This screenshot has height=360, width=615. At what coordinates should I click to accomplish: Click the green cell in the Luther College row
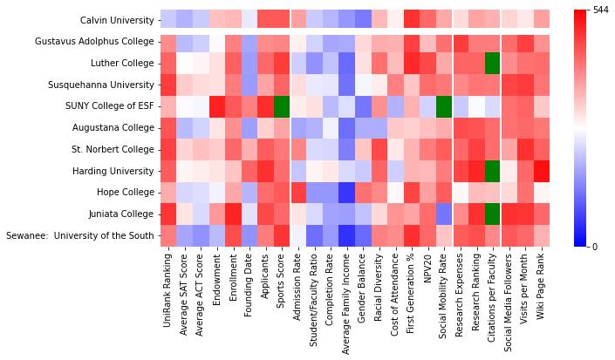(492, 63)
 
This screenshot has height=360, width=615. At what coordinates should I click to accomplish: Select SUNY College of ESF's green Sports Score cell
(281, 105)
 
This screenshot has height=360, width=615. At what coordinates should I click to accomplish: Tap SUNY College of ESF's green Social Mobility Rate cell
(443, 105)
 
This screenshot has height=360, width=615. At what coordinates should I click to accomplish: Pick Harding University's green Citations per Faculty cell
(492, 171)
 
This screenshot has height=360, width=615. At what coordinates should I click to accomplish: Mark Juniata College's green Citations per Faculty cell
(492, 214)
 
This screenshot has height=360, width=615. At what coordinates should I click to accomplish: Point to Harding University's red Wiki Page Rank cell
(541, 171)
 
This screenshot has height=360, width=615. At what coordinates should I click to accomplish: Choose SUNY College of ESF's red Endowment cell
(216, 105)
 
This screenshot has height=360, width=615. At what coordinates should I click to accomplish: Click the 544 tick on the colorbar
(600, 10)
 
